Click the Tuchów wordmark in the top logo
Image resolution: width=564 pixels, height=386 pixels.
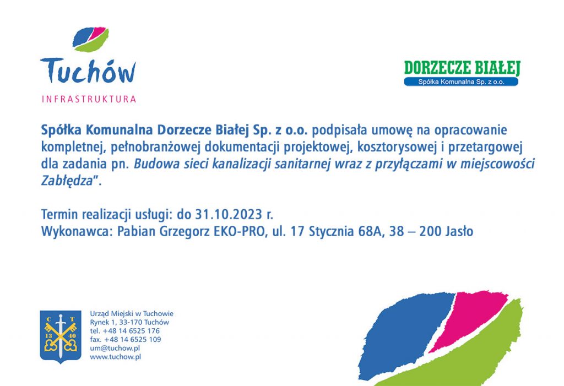(88, 71)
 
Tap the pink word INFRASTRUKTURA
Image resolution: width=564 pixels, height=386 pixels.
(89, 99)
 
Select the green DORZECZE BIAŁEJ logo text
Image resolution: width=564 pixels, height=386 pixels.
(462, 68)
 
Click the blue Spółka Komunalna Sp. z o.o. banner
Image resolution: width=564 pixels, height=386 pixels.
(461, 81)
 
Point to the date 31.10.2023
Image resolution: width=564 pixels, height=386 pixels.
(229, 214)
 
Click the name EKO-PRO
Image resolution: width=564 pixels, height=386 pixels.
(239, 231)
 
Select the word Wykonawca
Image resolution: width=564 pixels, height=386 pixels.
(74, 231)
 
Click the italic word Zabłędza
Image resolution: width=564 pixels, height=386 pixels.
(67, 181)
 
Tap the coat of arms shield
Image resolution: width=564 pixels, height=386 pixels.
(61, 336)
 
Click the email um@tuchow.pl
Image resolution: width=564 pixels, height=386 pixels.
(115, 348)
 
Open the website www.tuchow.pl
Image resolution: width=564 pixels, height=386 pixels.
(116, 357)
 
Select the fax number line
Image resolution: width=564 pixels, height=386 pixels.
(126, 340)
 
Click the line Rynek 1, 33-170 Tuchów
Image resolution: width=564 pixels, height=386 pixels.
(129, 322)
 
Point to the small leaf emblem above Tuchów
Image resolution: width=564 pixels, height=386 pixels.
(91, 39)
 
